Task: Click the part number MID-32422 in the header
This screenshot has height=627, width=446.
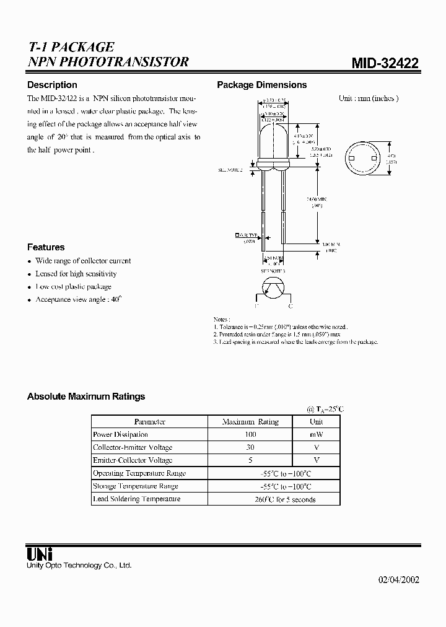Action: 385,63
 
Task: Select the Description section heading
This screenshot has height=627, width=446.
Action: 52,85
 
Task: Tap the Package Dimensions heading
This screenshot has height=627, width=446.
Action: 261,85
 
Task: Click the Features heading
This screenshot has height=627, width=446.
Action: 46,247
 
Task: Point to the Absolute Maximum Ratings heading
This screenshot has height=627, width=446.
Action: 86,397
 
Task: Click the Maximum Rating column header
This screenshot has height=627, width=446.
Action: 250,422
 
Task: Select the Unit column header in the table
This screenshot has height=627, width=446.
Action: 316,422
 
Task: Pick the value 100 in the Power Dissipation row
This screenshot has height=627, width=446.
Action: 250,435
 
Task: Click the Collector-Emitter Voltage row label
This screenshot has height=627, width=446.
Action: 133,447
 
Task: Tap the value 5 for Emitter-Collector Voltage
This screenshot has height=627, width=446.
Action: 250,460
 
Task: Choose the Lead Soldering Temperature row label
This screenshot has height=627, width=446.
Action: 136,499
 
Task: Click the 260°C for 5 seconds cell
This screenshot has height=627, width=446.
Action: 285,499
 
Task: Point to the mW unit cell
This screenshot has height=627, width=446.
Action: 316,435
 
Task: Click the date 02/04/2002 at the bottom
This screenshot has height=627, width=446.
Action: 398,580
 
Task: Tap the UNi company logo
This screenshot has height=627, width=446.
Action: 40,553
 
